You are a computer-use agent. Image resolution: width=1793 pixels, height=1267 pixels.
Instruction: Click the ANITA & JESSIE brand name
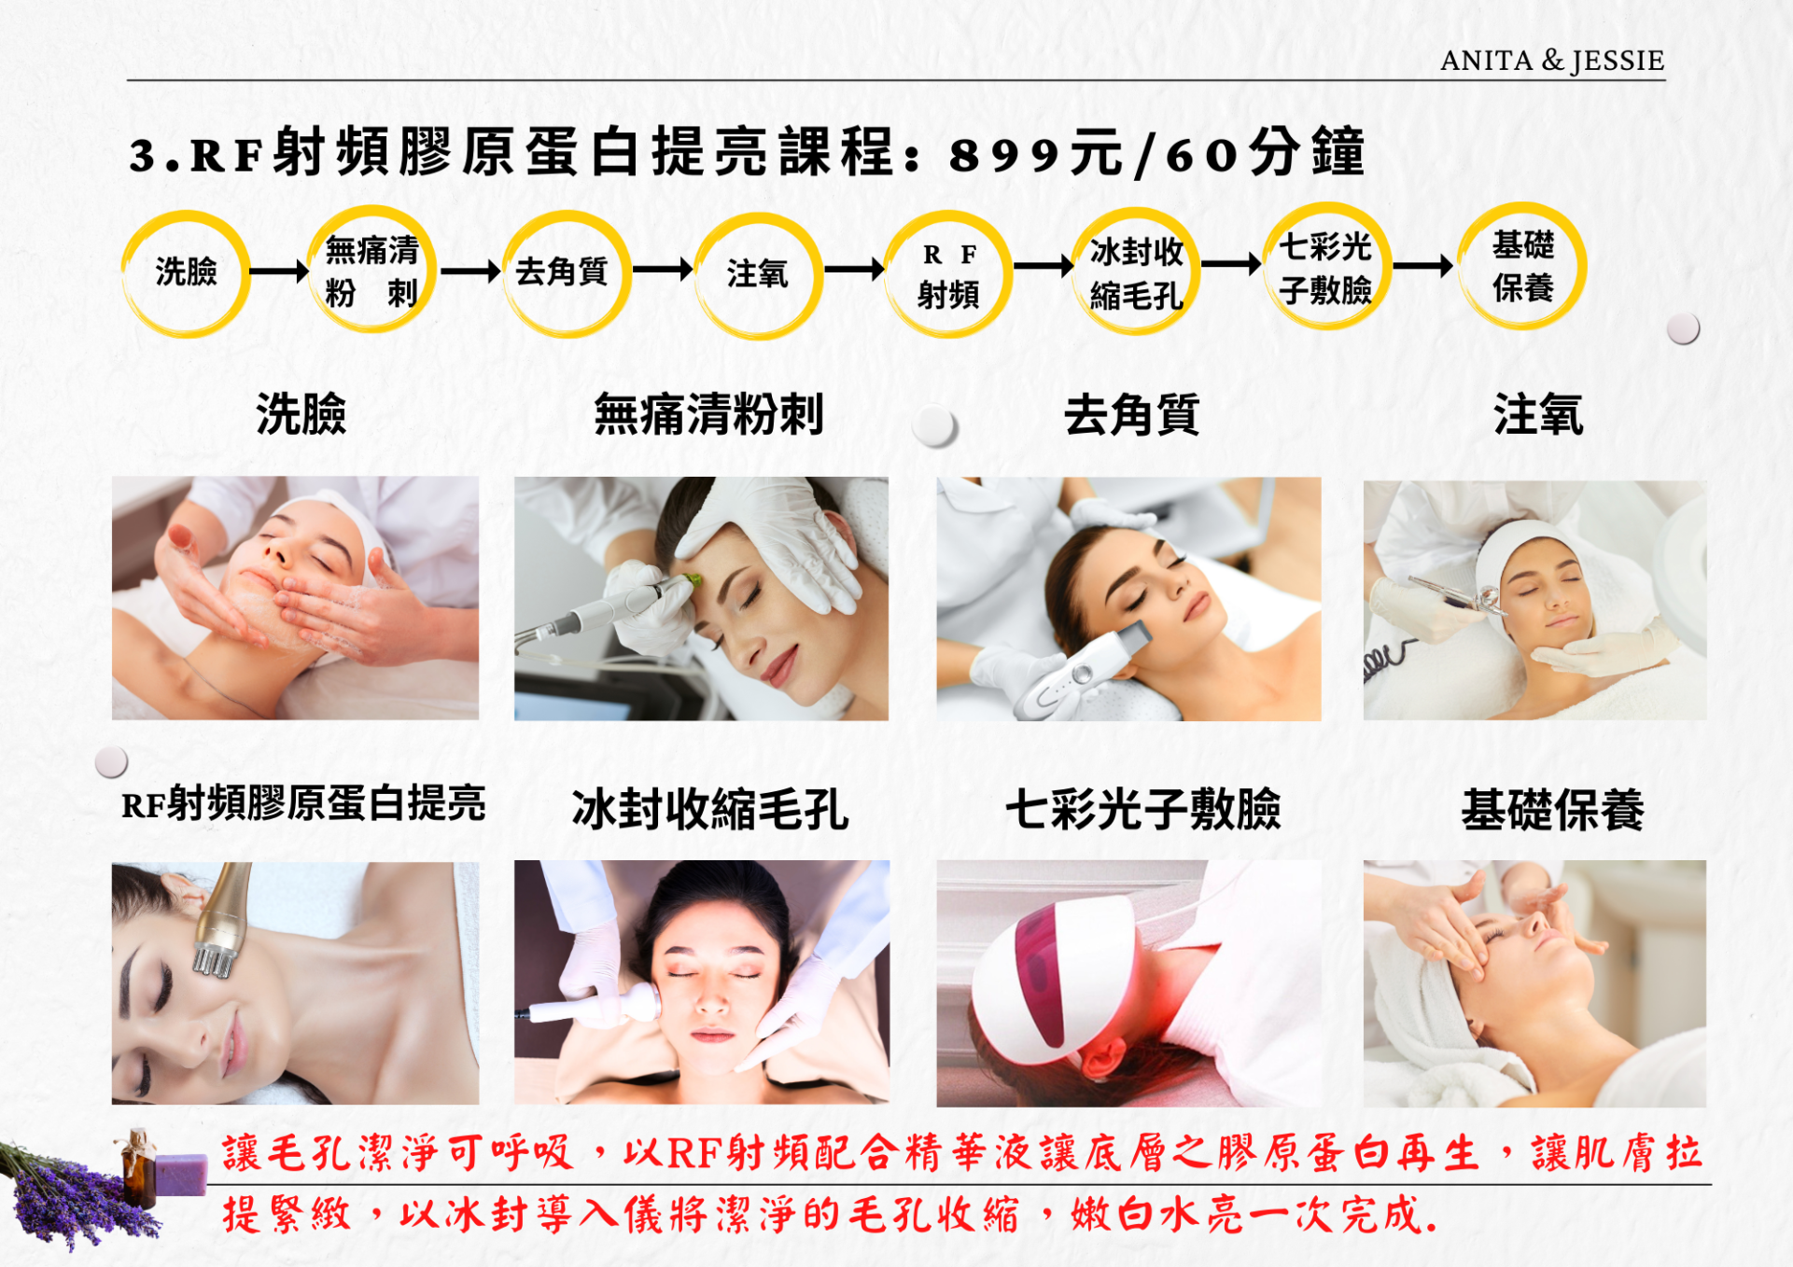(1551, 61)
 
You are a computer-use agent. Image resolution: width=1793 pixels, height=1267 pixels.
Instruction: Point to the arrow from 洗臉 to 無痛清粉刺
(279, 271)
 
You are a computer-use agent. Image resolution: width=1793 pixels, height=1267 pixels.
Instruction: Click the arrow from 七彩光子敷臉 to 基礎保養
(1422, 267)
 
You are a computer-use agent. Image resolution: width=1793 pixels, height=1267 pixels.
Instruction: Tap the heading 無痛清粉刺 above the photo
(708, 414)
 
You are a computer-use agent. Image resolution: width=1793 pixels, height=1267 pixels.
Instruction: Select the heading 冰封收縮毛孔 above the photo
(710, 809)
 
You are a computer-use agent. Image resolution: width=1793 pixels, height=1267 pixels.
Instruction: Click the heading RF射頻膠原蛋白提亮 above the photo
(303, 803)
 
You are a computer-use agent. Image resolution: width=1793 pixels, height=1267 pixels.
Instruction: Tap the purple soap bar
(181, 1174)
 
